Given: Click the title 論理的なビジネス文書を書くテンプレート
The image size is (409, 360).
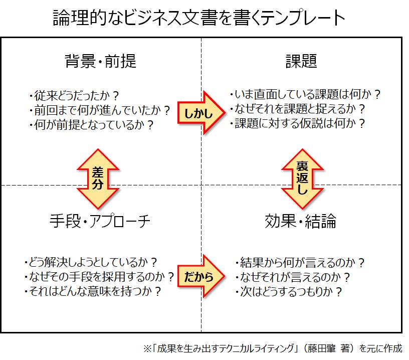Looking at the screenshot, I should pyautogui.click(x=199, y=19).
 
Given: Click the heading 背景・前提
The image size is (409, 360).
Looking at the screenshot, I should pyautogui.click(x=101, y=62).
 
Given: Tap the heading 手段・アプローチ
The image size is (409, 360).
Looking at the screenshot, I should pyautogui.click(x=100, y=221).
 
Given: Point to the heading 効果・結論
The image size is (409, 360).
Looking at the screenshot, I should pyautogui.click(x=301, y=221).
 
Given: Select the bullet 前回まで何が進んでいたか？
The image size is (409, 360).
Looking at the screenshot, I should pyautogui.click(x=100, y=110).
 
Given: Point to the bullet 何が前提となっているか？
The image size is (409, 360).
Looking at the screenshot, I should pyautogui.click(x=91, y=124).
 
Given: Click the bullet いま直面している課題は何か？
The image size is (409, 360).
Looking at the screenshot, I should pyautogui.click(x=305, y=94).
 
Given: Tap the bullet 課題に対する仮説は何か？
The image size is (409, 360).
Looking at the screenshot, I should pyautogui.click(x=297, y=123).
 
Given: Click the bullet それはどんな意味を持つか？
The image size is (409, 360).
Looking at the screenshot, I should pyautogui.click(x=92, y=291).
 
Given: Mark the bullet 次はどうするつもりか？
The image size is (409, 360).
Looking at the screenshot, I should pyautogui.click(x=289, y=291).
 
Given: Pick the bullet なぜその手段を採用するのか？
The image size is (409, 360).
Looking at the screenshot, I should pyautogui.click(x=99, y=276).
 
